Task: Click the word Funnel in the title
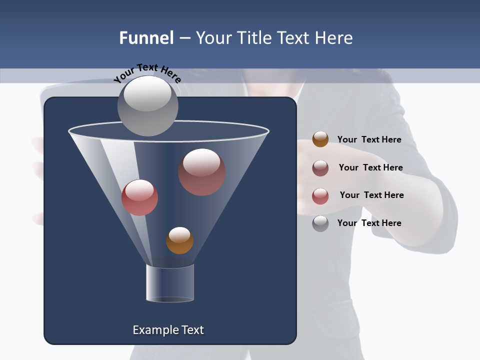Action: pyautogui.click(x=146, y=38)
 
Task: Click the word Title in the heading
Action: pyautogui.click(x=254, y=38)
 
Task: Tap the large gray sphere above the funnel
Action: pyautogui.click(x=148, y=106)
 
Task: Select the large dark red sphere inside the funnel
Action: pyautogui.click(x=202, y=172)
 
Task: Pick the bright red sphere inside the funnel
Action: pyautogui.click(x=139, y=197)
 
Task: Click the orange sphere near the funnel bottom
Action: pyautogui.click(x=179, y=240)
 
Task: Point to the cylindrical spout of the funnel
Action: pyautogui.click(x=170, y=283)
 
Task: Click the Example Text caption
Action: pyautogui.click(x=168, y=330)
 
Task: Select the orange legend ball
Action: pyautogui.click(x=320, y=139)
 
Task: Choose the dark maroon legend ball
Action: pyautogui.click(x=320, y=168)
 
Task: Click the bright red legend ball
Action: pyautogui.click(x=320, y=196)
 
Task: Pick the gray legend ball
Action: pyautogui.click(x=320, y=223)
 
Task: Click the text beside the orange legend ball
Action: pyautogui.click(x=369, y=139)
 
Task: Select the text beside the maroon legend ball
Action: pyautogui.click(x=370, y=167)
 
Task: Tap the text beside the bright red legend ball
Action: pyautogui.click(x=371, y=195)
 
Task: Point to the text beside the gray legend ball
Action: pyautogui.click(x=369, y=223)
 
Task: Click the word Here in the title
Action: pyautogui.click(x=334, y=38)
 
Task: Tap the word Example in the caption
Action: pyautogui.click(x=153, y=330)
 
